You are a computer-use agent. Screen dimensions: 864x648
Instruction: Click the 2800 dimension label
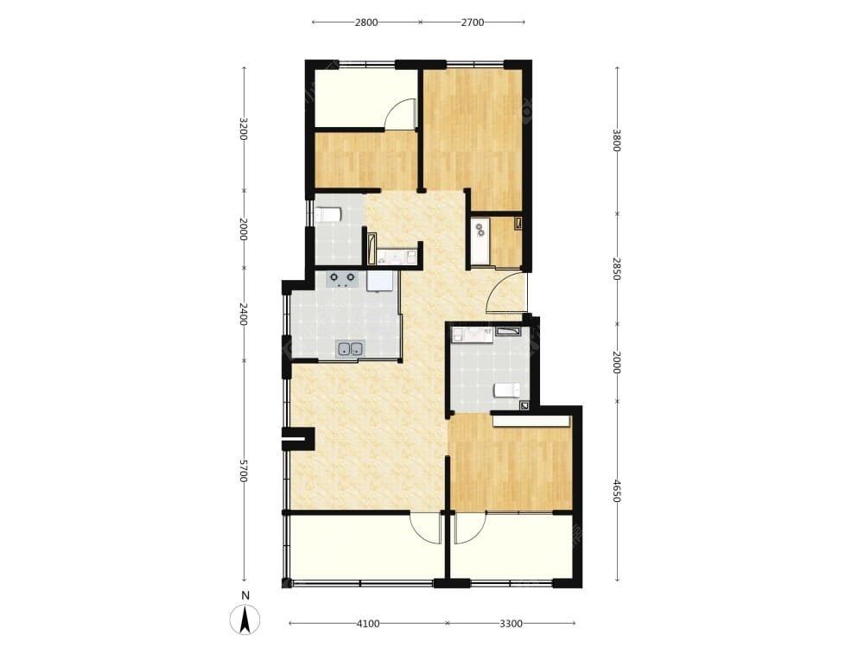(366, 22)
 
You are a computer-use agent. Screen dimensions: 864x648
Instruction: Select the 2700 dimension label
(473, 22)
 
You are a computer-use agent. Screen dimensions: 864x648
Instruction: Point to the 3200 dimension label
(243, 129)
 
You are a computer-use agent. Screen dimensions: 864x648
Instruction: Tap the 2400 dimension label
(243, 314)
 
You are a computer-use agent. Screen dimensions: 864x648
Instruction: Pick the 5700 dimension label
(243, 471)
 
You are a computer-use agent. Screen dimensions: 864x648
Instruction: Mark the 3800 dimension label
(617, 141)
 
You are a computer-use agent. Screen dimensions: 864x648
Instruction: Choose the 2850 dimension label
(617, 269)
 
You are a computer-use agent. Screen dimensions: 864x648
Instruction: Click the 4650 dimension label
(617, 491)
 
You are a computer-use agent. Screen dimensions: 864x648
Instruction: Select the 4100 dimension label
(368, 624)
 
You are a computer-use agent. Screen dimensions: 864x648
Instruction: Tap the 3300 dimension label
(511, 624)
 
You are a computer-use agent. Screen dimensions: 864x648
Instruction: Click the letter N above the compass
(245, 595)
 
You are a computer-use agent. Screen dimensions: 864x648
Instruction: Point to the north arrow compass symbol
(245, 619)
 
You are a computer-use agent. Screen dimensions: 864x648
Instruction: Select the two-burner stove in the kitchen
(342, 279)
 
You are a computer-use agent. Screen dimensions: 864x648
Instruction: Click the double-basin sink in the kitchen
(350, 348)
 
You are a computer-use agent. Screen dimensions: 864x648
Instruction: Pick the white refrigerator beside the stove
(380, 281)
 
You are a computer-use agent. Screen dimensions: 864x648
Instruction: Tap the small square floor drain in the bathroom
(525, 405)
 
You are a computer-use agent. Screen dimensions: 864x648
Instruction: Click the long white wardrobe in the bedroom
(531, 421)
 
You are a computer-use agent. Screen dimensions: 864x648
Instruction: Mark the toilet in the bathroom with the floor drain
(506, 391)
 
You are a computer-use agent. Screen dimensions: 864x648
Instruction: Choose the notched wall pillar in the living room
(298, 439)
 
